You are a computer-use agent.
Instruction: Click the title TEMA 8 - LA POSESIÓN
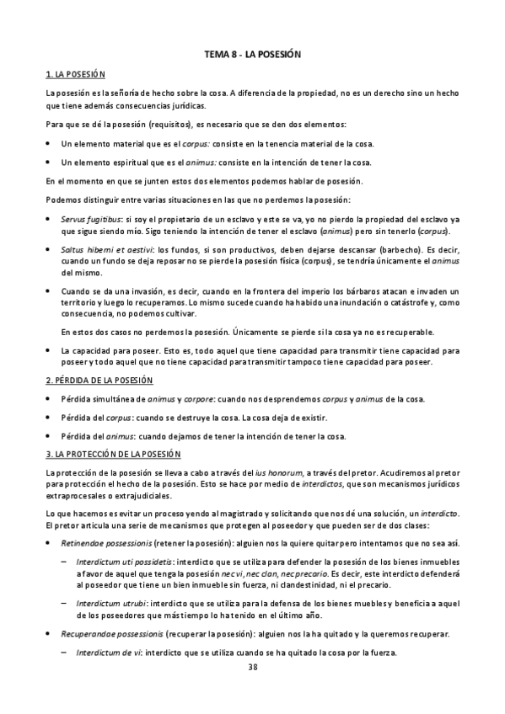253,55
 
